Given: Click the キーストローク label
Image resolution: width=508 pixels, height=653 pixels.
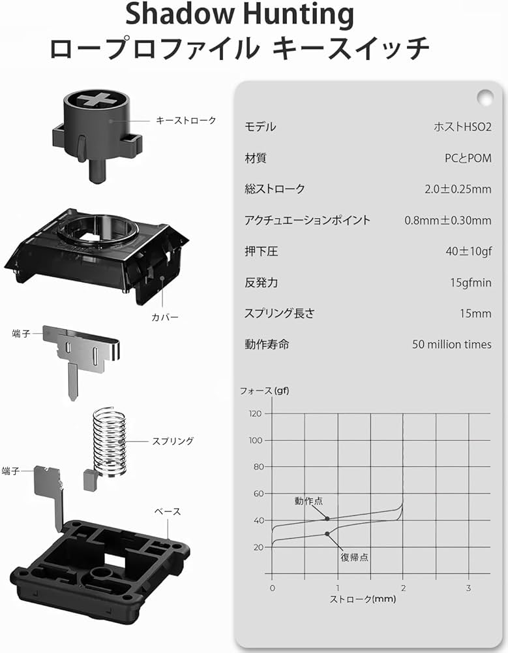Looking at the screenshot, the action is (x=186, y=120).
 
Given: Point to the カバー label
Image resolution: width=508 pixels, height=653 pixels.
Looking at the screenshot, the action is (x=165, y=317).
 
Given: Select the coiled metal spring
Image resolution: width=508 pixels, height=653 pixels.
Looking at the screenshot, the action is (x=109, y=441).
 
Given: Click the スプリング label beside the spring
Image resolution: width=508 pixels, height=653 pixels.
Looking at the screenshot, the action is (x=173, y=441).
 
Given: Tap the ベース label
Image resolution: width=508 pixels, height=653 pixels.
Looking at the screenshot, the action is (x=168, y=511).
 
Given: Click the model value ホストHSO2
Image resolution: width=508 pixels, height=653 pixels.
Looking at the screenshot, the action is (x=462, y=127).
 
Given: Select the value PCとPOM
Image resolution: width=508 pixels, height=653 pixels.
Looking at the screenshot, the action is (x=468, y=158).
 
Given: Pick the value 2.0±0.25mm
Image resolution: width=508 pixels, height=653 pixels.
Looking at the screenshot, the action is (x=458, y=189).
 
